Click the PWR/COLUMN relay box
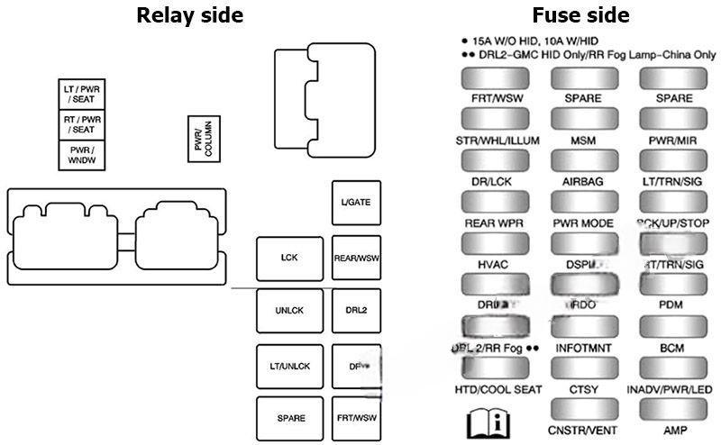point(203,140)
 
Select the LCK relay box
point(289,258)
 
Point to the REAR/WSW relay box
point(356,258)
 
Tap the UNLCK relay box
point(289,312)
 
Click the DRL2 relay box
point(356,312)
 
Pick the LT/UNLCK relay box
point(289,366)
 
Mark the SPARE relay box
point(289,418)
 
